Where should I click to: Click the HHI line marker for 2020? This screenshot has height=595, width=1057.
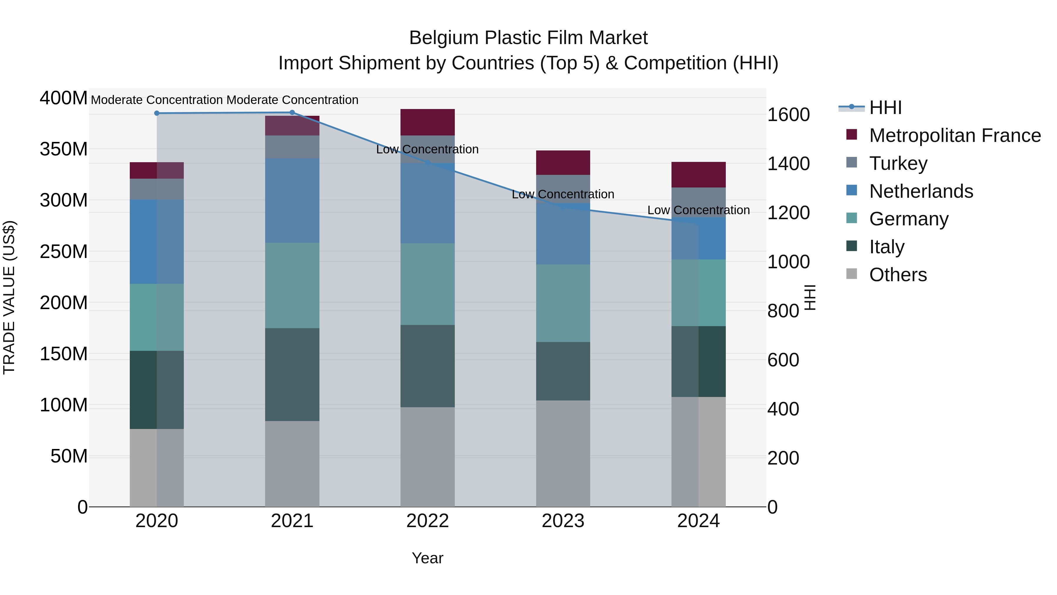157,113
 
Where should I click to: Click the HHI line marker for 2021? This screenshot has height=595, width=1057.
292,113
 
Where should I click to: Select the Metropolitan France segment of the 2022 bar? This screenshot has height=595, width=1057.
427,122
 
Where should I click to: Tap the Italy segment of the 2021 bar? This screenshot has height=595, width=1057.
292,375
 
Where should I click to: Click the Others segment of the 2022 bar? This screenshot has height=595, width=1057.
427,457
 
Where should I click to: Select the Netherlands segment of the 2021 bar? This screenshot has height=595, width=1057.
292,200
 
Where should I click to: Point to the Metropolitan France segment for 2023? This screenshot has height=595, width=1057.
563,162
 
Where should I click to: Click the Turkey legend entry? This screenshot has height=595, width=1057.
898,163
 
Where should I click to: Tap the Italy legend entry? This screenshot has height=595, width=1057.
886,247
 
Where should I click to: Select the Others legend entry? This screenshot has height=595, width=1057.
898,275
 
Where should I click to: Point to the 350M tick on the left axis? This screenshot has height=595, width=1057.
64,149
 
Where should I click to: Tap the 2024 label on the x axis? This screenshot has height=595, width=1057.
699,521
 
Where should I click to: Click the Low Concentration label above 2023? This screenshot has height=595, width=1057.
563,194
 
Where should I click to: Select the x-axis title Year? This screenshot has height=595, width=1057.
427,558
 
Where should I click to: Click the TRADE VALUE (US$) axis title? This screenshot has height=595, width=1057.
9,297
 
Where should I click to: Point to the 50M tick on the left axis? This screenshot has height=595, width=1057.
69,456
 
